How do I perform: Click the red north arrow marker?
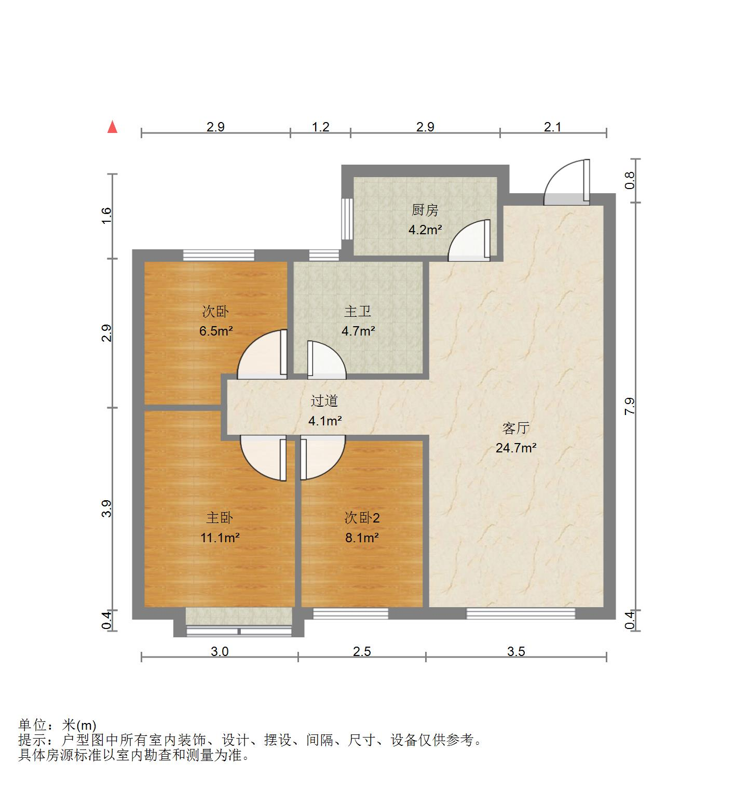pyautogui.click(x=112, y=127)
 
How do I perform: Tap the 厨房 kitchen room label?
pyautogui.click(x=425, y=210)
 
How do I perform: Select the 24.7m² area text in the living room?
pyautogui.click(x=515, y=448)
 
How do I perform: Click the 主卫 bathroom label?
pyautogui.click(x=358, y=311)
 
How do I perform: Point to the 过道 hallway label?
pyautogui.click(x=324, y=401)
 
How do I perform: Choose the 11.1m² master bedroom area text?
pyautogui.click(x=220, y=538)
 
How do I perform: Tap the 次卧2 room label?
pyautogui.click(x=362, y=518)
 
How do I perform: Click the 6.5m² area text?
pyautogui.click(x=215, y=331)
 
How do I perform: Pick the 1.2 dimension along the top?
pyautogui.click(x=321, y=127)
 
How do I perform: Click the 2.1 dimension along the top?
pyautogui.click(x=553, y=127)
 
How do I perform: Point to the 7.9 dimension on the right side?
pyautogui.click(x=630, y=406)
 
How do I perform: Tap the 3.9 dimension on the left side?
pyautogui.click(x=106, y=509)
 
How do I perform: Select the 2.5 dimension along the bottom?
pyautogui.click(x=362, y=651)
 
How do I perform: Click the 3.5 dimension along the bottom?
pyautogui.click(x=516, y=651)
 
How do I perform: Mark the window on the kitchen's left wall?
pyautogui.click(x=347, y=219)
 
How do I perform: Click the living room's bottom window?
pyautogui.click(x=521, y=613)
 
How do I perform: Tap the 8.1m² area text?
pyautogui.click(x=362, y=538)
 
